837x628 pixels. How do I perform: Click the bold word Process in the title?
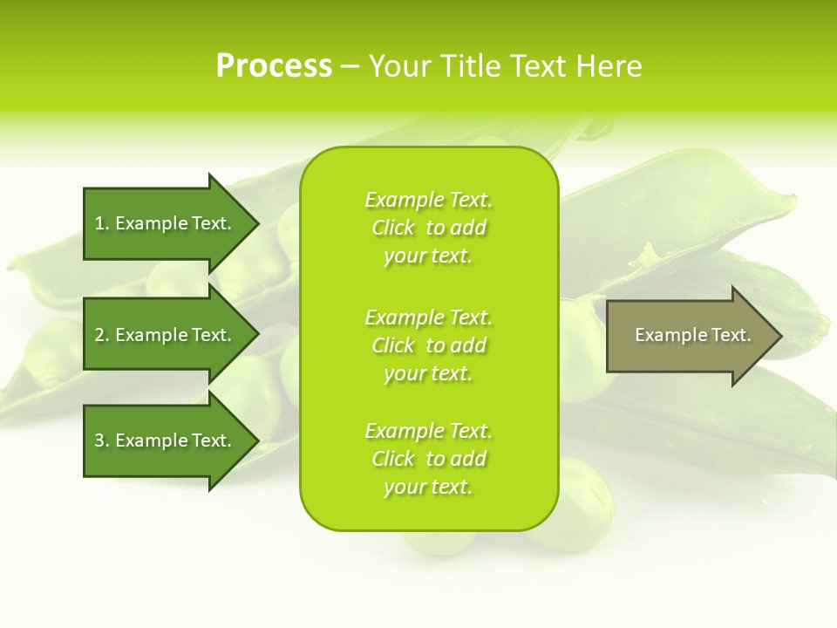[274, 66]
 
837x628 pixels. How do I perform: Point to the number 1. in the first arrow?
[102, 223]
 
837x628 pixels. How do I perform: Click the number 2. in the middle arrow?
[102, 335]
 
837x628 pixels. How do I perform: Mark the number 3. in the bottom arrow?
[102, 440]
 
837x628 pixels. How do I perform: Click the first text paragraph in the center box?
[428, 228]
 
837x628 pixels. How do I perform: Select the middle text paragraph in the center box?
[428, 345]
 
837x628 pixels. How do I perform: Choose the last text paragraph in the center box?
[428, 459]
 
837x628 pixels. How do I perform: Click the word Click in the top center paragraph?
[392, 228]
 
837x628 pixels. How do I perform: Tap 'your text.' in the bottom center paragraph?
[428, 487]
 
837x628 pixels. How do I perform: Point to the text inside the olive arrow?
[692, 335]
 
